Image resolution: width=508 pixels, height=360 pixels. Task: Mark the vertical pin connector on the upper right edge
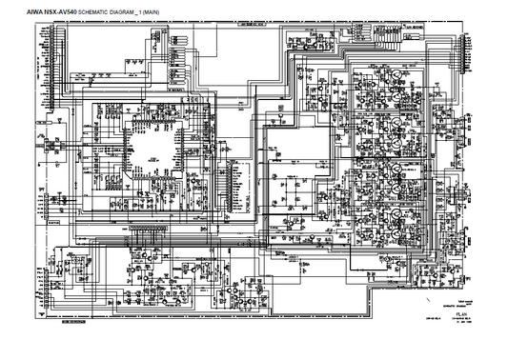pos(465,58)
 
